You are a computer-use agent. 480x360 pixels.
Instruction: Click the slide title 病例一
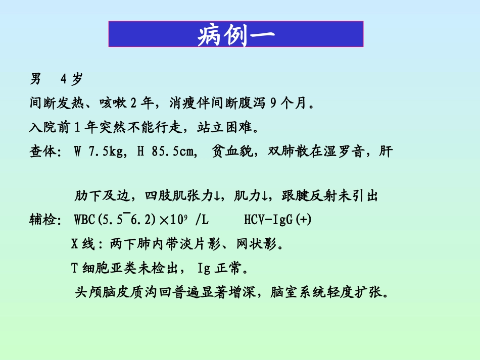[236, 35]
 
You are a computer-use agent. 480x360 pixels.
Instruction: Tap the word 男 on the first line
[36, 79]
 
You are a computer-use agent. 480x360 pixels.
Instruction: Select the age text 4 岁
[71, 79]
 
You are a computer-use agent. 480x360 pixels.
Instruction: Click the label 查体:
[45, 151]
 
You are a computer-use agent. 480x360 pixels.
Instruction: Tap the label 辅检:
[45, 220]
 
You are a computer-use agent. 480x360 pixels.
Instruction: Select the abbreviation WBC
[84, 220]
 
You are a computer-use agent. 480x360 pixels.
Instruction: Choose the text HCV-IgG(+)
[278, 220]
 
